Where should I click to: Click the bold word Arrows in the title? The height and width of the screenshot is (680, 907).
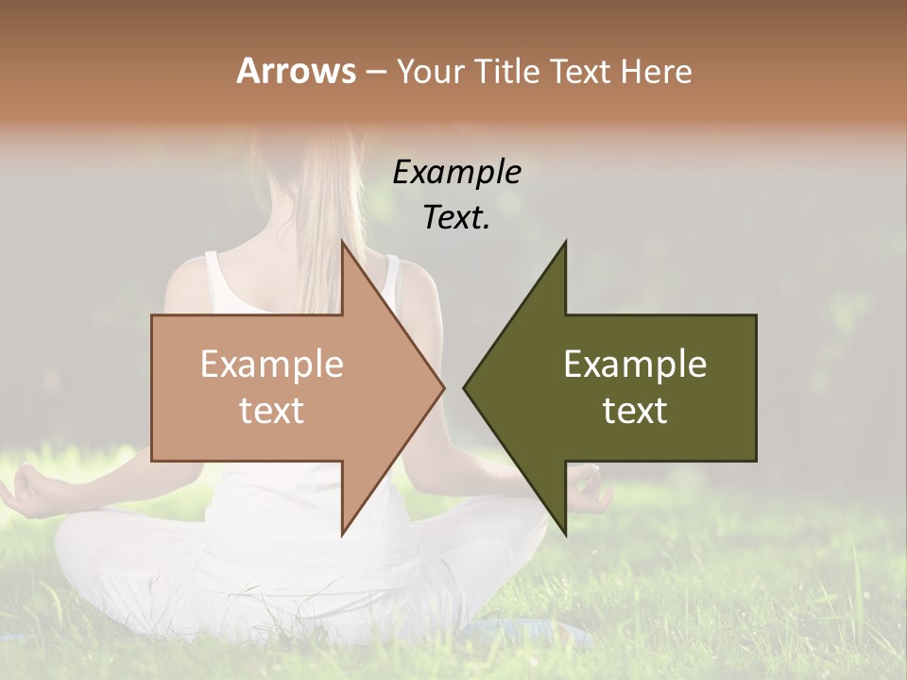tap(296, 71)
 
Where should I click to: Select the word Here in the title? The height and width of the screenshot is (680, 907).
tap(656, 71)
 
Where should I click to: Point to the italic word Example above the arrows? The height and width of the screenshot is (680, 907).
tap(456, 173)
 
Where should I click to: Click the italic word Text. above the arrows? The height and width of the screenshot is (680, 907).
tap(456, 217)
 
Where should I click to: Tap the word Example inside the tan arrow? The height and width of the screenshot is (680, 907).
tap(272, 364)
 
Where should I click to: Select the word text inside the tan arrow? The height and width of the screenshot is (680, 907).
tap(272, 410)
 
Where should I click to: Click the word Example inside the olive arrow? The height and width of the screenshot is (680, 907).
tap(635, 364)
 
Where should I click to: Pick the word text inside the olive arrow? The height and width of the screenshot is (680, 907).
tap(635, 410)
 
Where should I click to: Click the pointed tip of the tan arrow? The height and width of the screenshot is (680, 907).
tap(442, 387)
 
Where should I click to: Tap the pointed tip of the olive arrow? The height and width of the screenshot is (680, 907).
tap(466, 387)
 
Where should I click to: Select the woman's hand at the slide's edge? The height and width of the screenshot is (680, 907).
tap(24, 491)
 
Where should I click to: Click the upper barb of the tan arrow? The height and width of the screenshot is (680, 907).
tap(344, 247)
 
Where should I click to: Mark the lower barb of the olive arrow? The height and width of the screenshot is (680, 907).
tap(564, 529)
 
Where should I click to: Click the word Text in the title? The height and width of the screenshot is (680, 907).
tap(582, 71)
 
